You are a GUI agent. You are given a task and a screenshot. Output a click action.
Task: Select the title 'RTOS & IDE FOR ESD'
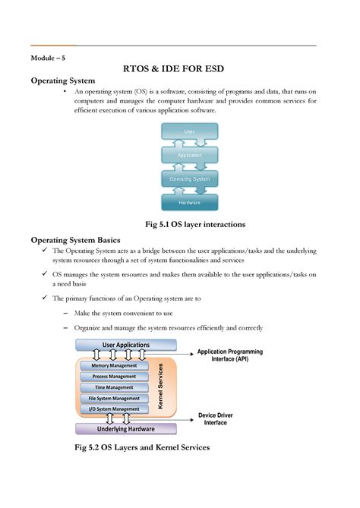[x=180, y=70]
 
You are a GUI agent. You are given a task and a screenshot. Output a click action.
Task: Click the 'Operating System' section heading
[x=62, y=81]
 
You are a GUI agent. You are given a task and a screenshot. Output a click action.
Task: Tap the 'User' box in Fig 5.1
[x=189, y=131]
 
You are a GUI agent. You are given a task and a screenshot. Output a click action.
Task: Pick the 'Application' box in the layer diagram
[x=189, y=155]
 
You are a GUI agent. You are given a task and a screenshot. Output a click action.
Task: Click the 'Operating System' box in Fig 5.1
[x=189, y=179]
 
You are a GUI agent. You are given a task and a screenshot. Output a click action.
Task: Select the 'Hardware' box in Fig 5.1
[x=189, y=203]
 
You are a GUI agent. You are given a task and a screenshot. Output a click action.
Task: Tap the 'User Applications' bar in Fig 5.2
[x=126, y=345]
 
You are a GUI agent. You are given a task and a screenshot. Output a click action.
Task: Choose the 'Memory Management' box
[x=115, y=365]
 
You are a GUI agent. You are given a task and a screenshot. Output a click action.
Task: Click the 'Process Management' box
[x=115, y=377]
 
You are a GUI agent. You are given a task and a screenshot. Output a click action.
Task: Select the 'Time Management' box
[x=115, y=387]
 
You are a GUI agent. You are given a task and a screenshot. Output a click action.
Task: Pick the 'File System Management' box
[x=115, y=398]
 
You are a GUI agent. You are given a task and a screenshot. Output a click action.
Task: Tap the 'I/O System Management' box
[x=115, y=409]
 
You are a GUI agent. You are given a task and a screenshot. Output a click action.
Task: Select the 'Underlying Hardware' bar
[x=126, y=429]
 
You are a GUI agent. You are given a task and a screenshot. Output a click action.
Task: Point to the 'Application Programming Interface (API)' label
[x=229, y=356]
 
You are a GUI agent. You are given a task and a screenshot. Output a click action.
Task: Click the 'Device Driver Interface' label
[x=219, y=419]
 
